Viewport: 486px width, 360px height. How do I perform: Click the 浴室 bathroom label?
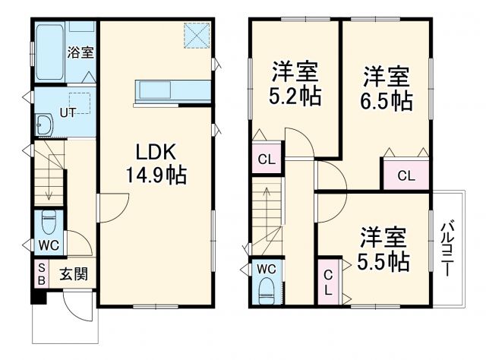80,53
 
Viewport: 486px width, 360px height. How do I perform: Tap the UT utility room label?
68,113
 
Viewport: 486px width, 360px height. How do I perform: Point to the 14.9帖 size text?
156,175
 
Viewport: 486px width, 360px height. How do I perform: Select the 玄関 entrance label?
74,274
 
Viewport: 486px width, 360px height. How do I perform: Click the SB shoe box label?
41,273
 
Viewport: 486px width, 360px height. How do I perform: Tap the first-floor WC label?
49,246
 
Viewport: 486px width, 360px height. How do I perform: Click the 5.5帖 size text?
383,261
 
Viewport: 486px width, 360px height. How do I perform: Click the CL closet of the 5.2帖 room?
266,160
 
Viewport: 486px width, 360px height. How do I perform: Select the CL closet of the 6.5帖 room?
406,175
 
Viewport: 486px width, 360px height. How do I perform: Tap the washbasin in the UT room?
44,125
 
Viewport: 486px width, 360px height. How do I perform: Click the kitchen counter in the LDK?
172,90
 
